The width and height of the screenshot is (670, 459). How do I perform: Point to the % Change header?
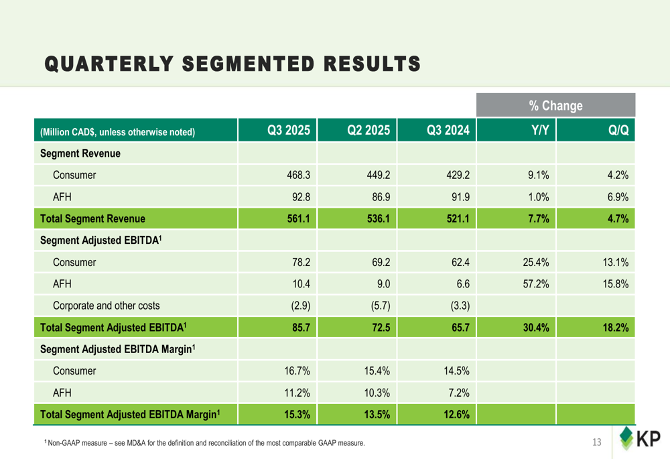coord(555,106)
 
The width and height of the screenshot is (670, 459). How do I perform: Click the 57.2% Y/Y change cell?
coord(536,285)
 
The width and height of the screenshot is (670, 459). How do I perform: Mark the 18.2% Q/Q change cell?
coord(616,328)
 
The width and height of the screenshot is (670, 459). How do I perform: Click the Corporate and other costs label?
coord(106,306)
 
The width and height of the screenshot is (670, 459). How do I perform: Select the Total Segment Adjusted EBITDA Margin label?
coord(131,415)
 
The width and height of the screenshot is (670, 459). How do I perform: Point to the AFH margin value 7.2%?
coord(458,393)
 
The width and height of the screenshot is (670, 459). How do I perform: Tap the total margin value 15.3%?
coord(297,415)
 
